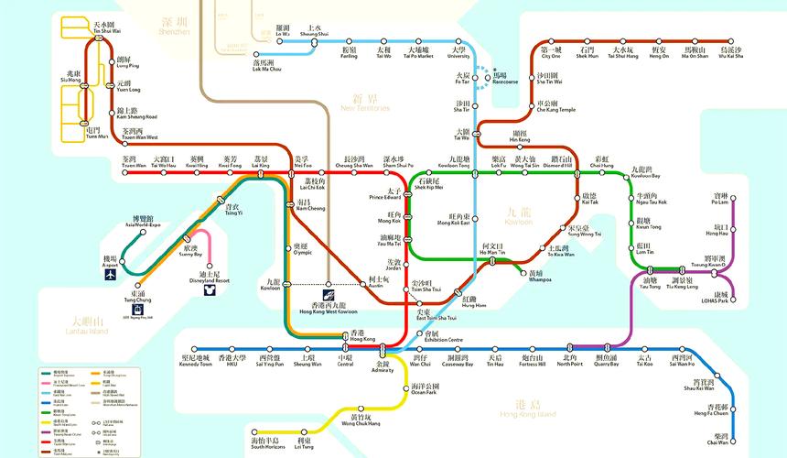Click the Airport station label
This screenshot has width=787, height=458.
pyautogui.click(x=110, y=262)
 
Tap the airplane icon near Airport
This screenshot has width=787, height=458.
pyautogui.click(x=111, y=274)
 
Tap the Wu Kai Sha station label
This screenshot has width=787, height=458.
pyautogui.click(x=730, y=52)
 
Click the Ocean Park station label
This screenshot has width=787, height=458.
pyautogui.click(x=424, y=389)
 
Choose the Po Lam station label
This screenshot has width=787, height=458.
pyautogui.click(x=720, y=199)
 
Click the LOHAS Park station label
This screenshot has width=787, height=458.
pyautogui.click(x=716, y=298)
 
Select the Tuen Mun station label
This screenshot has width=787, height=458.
pyautogui.click(x=92, y=134)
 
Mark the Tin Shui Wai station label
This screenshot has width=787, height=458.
pyautogui.click(x=105, y=27)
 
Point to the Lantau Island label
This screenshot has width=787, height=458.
pyautogui.click(x=88, y=325)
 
